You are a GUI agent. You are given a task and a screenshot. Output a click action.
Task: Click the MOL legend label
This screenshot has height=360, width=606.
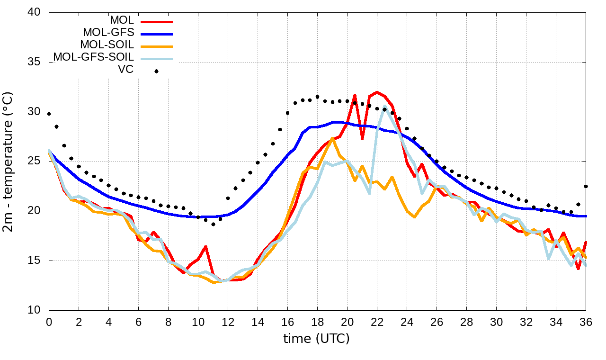pyautogui.click(x=122, y=20)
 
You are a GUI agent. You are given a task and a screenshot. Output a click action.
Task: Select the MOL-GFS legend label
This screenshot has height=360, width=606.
pyautogui.click(x=108, y=33)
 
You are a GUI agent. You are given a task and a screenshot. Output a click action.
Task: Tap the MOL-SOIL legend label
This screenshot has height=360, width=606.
pyautogui.click(x=107, y=45)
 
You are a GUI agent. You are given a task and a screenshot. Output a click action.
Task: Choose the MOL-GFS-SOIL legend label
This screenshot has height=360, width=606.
pyautogui.click(x=93, y=57)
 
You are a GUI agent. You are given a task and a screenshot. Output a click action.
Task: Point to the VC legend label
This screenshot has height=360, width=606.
pyautogui.click(x=125, y=70)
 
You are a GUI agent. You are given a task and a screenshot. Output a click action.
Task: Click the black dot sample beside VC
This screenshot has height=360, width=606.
pyautogui.click(x=156, y=71)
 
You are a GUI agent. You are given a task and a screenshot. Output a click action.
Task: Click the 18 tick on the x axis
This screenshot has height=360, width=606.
pyautogui.click(x=317, y=322)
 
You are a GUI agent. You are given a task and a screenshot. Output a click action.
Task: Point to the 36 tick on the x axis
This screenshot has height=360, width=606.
pyautogui.click(x=586, y=322)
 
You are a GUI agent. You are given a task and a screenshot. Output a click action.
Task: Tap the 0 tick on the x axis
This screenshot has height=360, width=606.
pyautogui.click(x=49, y=322)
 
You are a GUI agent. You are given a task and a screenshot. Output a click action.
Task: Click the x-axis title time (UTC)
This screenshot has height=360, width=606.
pyautogui.click(x=316, y=339)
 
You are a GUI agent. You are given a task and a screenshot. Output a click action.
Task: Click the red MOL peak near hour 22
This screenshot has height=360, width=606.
pyautogui.click(x=377, y=92)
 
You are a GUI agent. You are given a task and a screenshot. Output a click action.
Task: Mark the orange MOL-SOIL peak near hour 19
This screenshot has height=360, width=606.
pyautogui.click(x=333, y=138)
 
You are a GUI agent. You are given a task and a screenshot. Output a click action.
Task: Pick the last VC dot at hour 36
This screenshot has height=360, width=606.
pyautogui.click(x=586, y=186)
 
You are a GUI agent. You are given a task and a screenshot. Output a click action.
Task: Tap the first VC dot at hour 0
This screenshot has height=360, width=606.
pyautogui.click(x=49, y=114)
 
